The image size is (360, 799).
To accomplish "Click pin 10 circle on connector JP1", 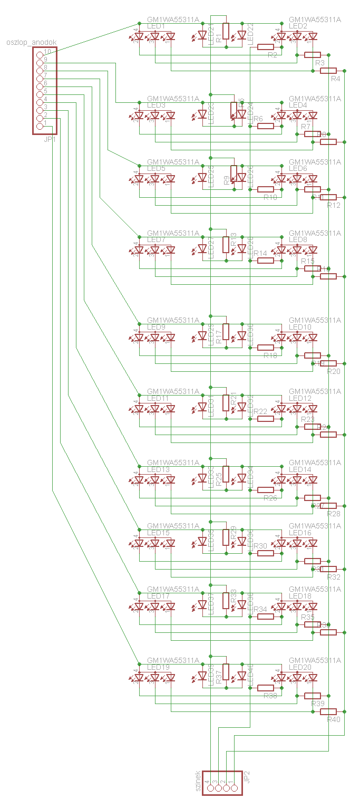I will pyautogui.click(x=40, y=55).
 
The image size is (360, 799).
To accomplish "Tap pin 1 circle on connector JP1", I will pyautogui.click(x=40, y=126).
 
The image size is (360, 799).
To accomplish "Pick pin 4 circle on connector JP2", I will pyautogui.click(x=210, y=788).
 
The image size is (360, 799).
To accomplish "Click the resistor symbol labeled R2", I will pyautogui.click(x=265, y=47).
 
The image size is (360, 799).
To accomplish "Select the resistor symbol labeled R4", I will pyautogui.click(x=328, y=71).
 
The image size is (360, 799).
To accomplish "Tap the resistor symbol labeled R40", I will pyautogui.click(x=328, y=711).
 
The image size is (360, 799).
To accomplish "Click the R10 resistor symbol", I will pyautogui.click(x=265, y=189).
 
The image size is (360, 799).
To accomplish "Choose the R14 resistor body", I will pyautogui.click(x=265, y=261).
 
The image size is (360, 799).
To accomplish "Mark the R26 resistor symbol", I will pyautogui.click(x=265, y=490).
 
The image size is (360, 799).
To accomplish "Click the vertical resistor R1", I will pyautogui.click(x=226, y=31).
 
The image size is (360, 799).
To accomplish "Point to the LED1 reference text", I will pyautogui.click(x=156, y=26).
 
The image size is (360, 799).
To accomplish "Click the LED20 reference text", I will pyautogui.click(x=300, y=667).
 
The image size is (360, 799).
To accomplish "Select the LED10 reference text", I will pyautogui.click(x=300, y=327).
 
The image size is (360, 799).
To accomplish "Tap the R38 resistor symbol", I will pyautogui.click(x=265, y=688).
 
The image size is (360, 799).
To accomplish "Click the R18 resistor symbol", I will pyautogui.click(x=265, y=348).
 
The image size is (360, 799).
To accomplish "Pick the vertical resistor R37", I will pyautogui.click(x=226, y=672).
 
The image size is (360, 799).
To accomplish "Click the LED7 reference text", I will pyautogui.click(x=156, y=240).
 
